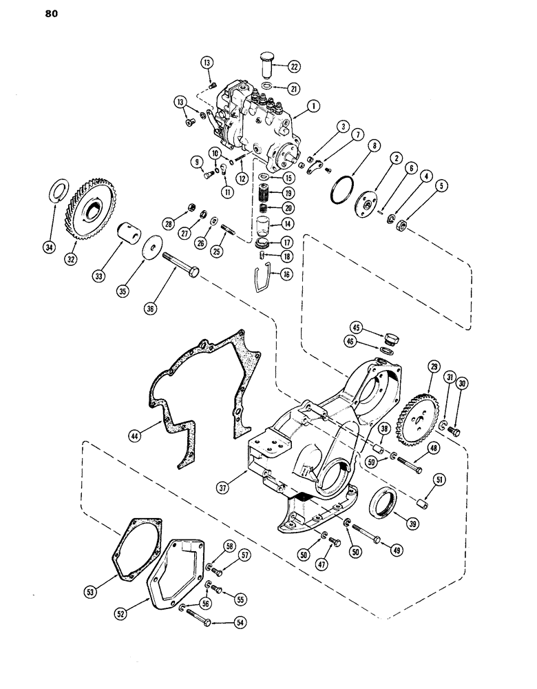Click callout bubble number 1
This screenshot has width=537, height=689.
coord(313,106)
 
